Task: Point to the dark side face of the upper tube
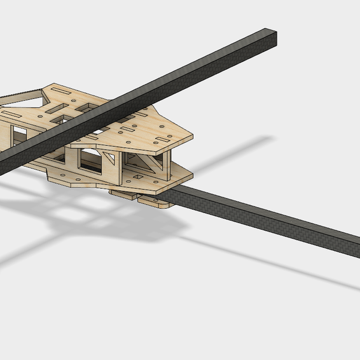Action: (x=180, y=84)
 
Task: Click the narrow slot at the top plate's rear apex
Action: (x=61, y=91)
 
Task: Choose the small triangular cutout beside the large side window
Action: (x=110, y=158)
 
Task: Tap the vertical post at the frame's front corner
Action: (x=168, y=162)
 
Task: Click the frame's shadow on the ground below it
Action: (x=78, y=216)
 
